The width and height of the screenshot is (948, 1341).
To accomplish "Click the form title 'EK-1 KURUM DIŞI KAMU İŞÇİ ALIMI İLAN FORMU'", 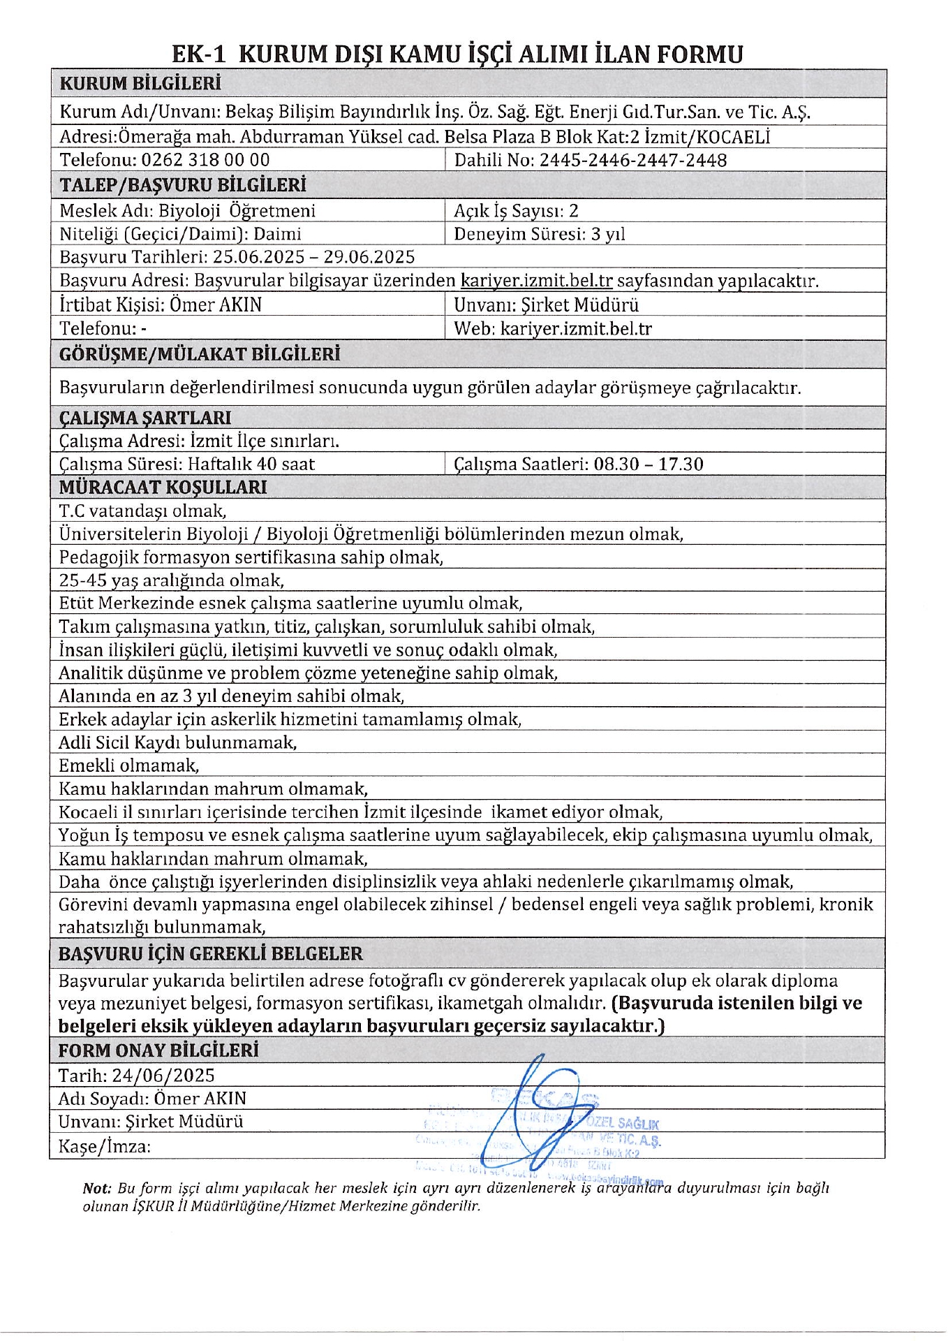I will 457,54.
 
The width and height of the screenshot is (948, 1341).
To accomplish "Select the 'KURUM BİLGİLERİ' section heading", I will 140,84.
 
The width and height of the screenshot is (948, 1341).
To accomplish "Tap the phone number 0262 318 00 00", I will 205,160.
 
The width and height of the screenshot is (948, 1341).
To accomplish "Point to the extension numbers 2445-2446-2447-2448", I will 633,161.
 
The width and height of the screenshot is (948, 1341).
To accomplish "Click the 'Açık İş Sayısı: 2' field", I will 516,211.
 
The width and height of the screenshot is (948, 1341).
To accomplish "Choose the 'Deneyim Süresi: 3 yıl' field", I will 539,234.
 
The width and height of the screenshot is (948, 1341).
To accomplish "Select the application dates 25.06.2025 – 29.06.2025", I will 313,257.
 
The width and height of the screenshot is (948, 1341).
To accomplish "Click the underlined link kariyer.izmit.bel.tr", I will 536,281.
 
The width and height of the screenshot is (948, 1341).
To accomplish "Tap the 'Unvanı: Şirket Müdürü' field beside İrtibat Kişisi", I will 546,305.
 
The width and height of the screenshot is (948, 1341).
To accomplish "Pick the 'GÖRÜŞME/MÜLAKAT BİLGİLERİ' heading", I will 200,354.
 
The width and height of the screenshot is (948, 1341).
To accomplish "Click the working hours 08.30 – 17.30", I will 648,464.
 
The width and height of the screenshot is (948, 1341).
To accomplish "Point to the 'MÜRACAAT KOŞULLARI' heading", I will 163,488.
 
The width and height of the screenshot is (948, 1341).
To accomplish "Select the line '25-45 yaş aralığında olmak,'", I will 171,580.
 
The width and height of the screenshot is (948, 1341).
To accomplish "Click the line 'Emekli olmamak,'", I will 128,765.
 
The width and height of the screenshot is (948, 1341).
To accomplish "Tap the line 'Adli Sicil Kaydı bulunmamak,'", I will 177,742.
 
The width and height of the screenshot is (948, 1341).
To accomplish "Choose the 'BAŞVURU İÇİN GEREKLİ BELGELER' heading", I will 210,954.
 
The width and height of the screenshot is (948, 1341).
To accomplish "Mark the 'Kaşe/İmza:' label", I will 104,1146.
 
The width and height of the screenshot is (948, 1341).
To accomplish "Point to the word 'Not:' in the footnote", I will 96,1188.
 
